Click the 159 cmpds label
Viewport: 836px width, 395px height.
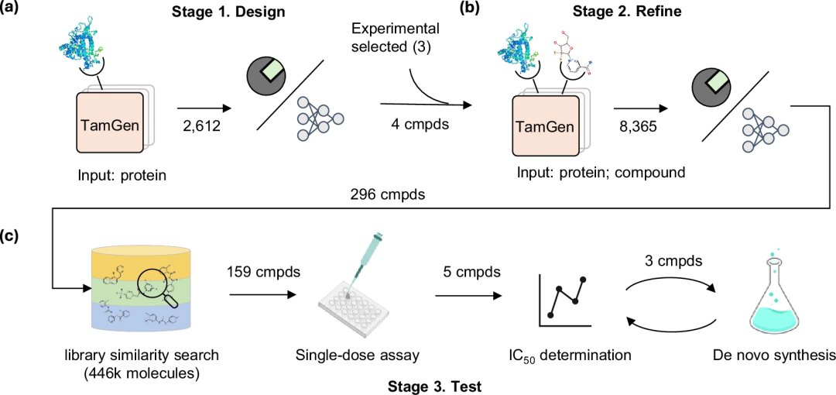[x=262, y=273]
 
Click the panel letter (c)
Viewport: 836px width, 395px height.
[x=13, y=233]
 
